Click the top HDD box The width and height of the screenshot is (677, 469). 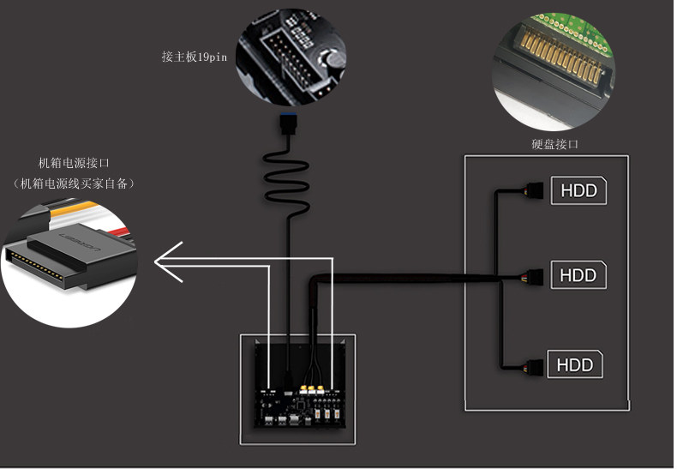pos(578,190)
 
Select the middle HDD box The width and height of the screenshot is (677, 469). pos(578,274)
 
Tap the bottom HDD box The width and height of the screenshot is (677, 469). pos(575,364)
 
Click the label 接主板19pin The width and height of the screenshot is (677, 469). pos(195,57)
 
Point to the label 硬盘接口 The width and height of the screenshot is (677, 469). pos(554,144)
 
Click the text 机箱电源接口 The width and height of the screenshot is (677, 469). pos(74,163)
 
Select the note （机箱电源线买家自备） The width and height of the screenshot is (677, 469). pos(74,183)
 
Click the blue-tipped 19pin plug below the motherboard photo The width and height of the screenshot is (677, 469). pos(288,123)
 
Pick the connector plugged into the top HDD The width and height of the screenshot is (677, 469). pos(534,190)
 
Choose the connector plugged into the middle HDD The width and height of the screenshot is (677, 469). pos(534,276)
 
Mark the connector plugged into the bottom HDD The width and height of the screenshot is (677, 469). pos(534,366)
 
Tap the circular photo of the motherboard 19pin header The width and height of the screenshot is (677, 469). pos(291,56)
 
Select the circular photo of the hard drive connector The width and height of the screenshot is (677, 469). pos(554,71)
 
